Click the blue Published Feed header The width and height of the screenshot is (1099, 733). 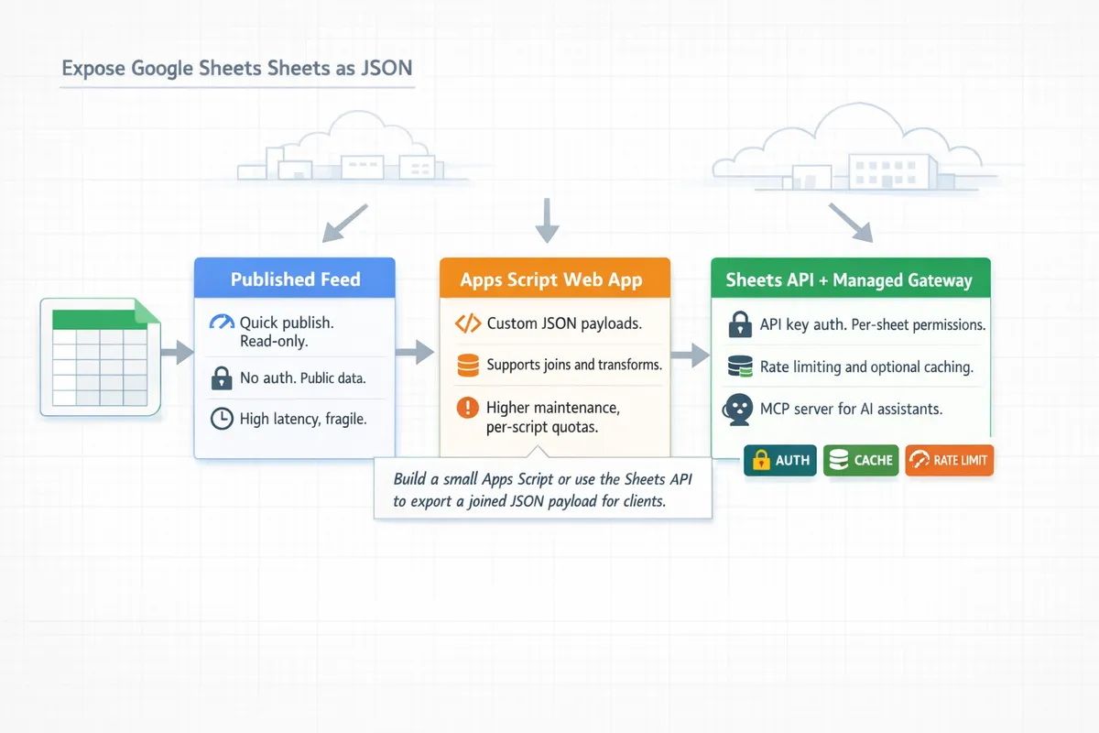(295, 279)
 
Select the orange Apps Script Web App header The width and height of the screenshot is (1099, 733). (554, 279)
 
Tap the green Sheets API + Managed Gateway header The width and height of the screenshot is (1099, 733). (849, 279)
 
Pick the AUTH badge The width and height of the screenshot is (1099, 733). (780, 460)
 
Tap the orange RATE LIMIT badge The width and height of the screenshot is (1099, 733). (949, 460)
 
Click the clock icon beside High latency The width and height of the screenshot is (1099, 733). (221, 419)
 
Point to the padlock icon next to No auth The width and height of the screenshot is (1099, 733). (221, 377)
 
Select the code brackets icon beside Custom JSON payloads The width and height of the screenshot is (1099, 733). (467, 323)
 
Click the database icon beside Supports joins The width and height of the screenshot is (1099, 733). (467, 366)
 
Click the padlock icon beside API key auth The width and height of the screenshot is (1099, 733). (739, 324)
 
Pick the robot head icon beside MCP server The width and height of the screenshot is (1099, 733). (738, 409)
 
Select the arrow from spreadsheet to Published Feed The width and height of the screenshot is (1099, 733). (177, 350)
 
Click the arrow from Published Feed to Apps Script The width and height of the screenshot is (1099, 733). (417, 351)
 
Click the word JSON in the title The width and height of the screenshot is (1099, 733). (390, 69)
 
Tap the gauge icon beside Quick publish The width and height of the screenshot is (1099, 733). (222, 323)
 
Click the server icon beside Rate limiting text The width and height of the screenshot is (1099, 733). (739, 367)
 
